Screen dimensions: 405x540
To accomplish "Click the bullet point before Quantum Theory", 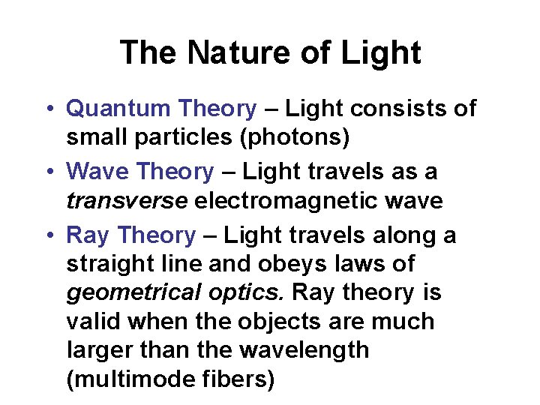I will click(x=47, y=109).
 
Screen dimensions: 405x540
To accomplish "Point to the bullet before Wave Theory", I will click(x=47, y=172).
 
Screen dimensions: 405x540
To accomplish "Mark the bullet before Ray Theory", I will click(x=47, y=235).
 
